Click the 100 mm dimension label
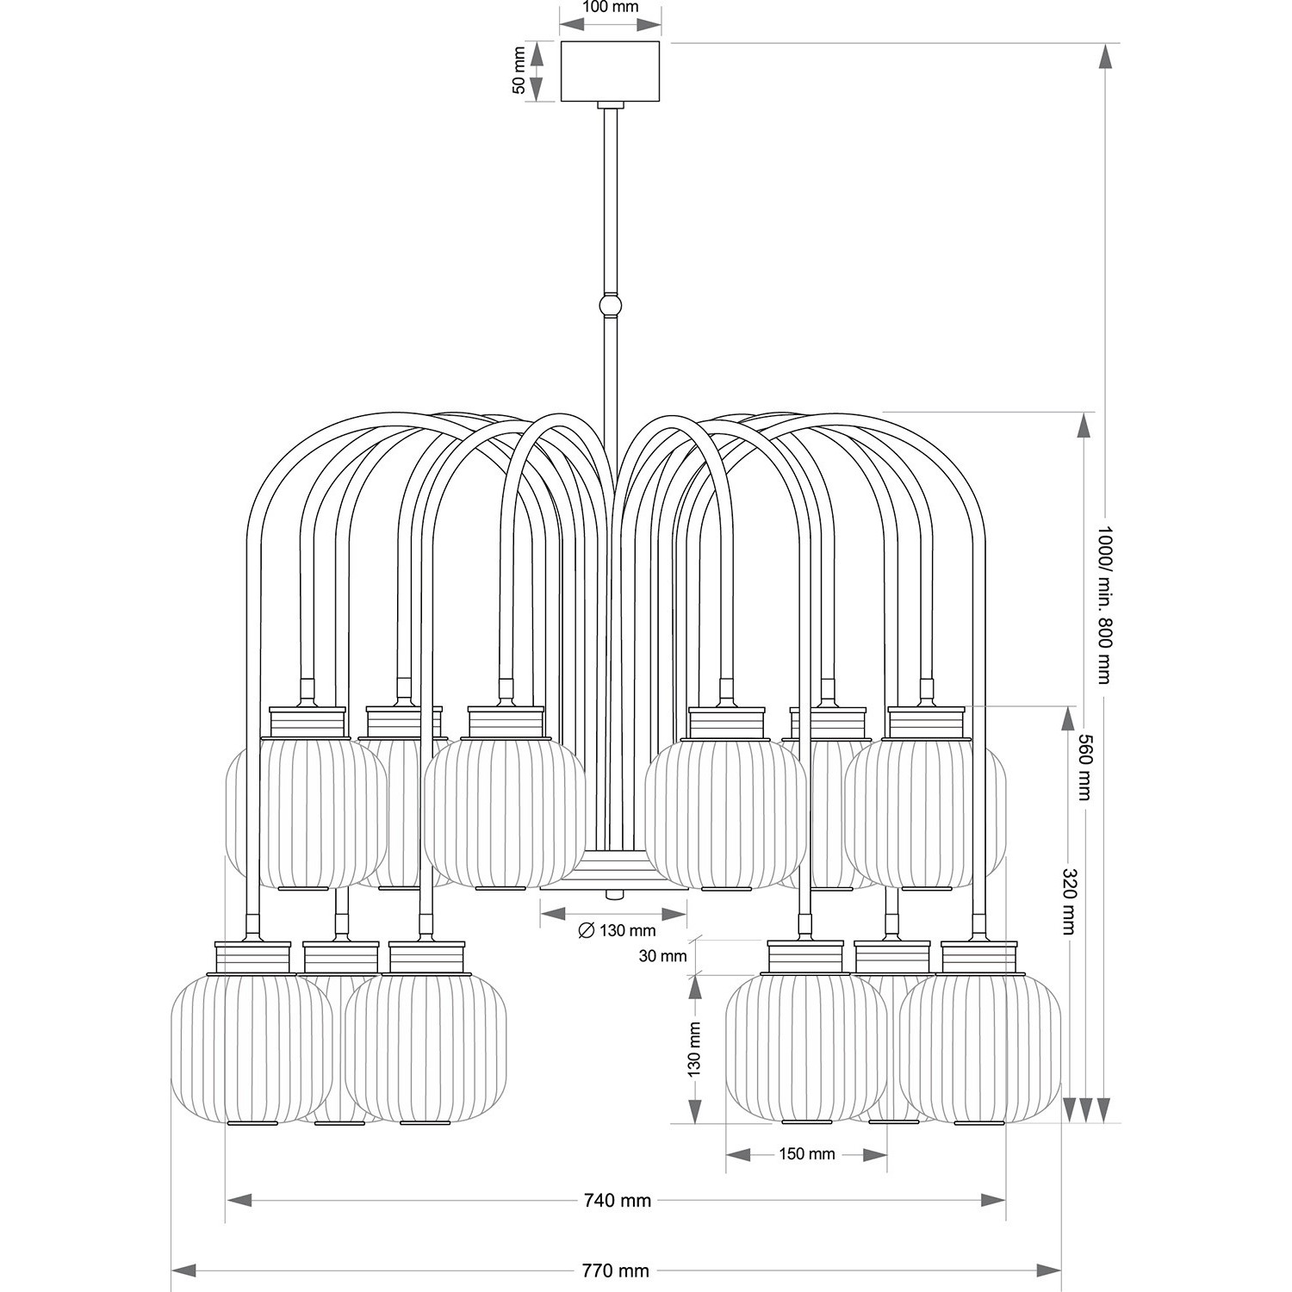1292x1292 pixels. [x=611, y=8]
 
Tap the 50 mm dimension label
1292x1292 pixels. [x=519, y=71]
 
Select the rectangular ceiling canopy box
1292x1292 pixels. [x=611, y=71]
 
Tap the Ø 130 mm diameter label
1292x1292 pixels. [x=617, y=930]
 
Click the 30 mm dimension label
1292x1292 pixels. [x=663, y=955]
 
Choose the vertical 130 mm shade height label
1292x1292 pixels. [x=694, y=1048]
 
